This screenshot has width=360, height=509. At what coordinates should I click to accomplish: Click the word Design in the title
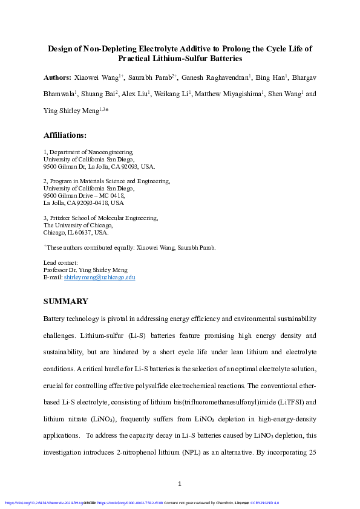point(61,48)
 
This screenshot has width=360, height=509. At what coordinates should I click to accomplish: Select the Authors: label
point(57,78)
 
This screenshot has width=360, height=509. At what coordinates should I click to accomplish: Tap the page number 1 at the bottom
point(180,484)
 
